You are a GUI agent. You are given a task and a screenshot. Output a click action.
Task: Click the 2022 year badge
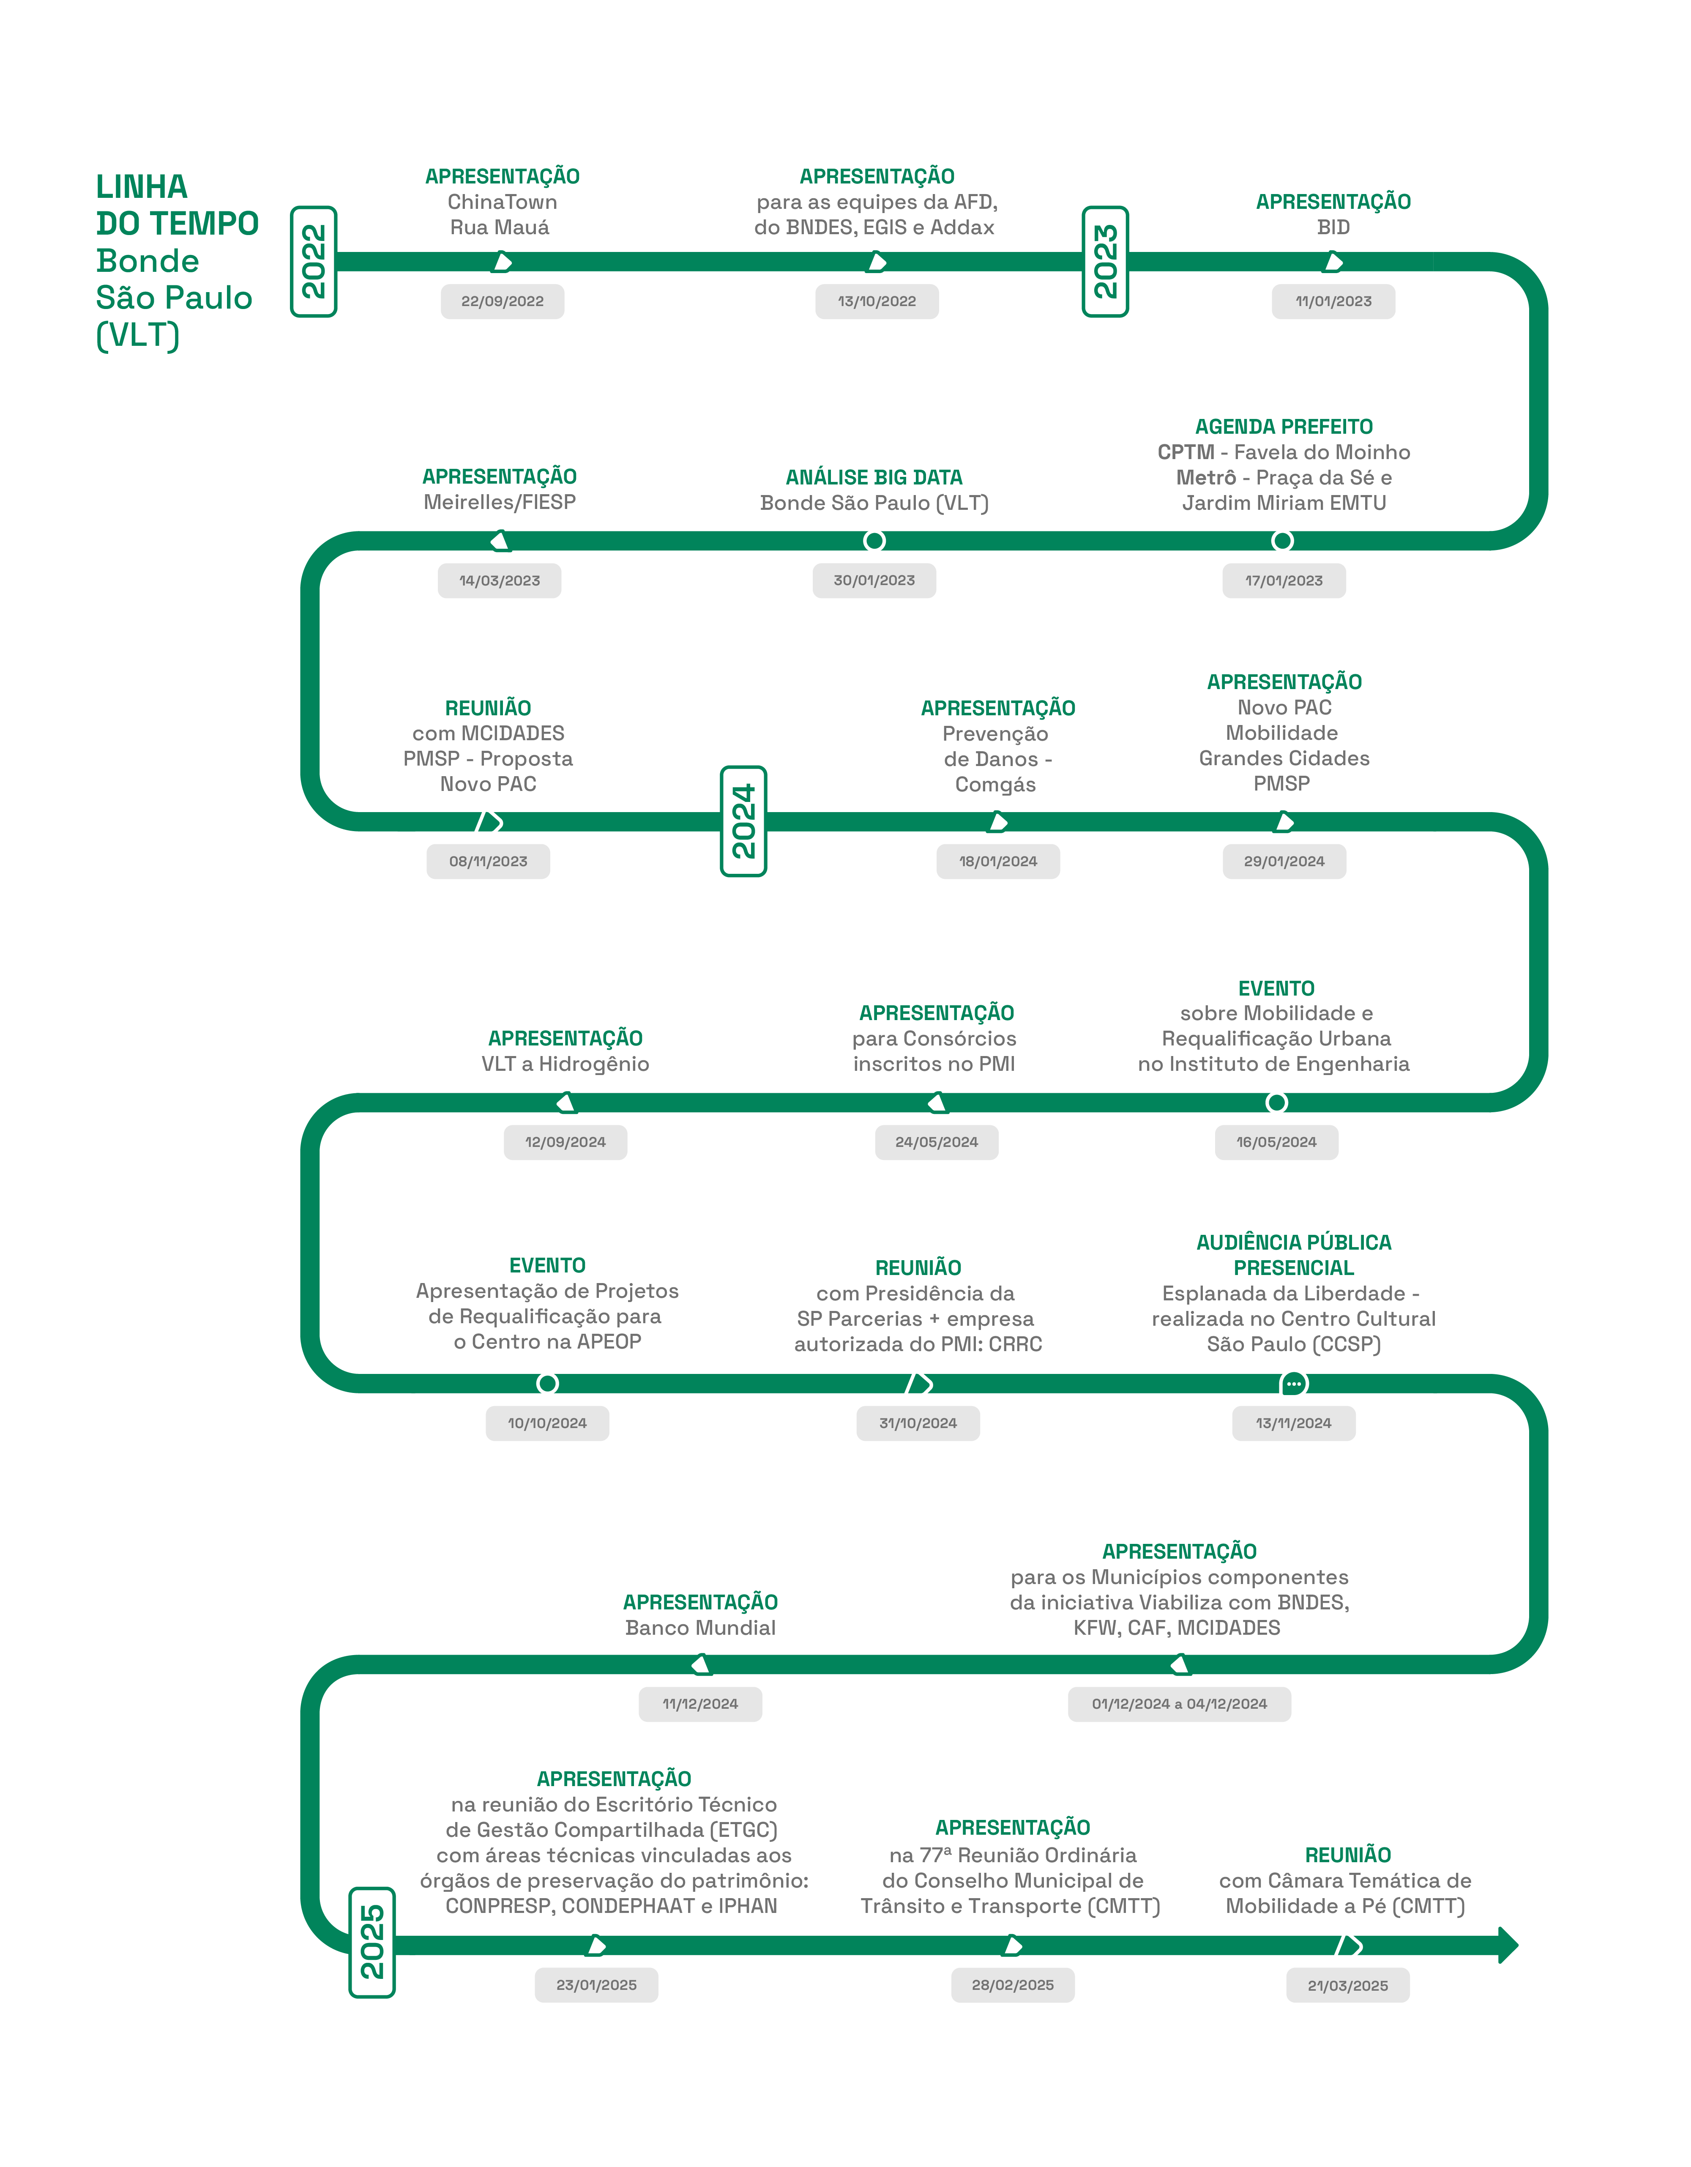click(x=314, y=262)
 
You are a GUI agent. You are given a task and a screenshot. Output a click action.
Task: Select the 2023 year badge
click(x=1105, y=262)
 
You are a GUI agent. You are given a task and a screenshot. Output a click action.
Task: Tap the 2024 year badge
click(x=743, y=821)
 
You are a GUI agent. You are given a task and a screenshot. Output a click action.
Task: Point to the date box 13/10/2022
click(x=877, y=302)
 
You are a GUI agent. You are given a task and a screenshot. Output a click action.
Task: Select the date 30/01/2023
click(x=874, y=580)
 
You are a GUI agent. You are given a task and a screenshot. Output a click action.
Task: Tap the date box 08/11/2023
click(x=488, y=861)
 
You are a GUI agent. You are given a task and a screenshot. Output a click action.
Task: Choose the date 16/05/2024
click(x=1276, y=1142)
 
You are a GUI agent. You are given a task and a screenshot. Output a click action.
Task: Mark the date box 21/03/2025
click(x=1348, y=1985)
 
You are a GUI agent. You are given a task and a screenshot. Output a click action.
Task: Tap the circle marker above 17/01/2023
click(x=1282, y=541)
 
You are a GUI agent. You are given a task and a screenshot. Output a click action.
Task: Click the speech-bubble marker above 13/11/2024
click(x=1293, y=1383)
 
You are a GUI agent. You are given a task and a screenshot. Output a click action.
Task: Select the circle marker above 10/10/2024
click(x=547, y=1383)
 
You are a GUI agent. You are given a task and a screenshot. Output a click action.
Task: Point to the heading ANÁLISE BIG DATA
click(x=874, y=477)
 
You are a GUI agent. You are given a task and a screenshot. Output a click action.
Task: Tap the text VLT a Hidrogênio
click(x=565, y=1064)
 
